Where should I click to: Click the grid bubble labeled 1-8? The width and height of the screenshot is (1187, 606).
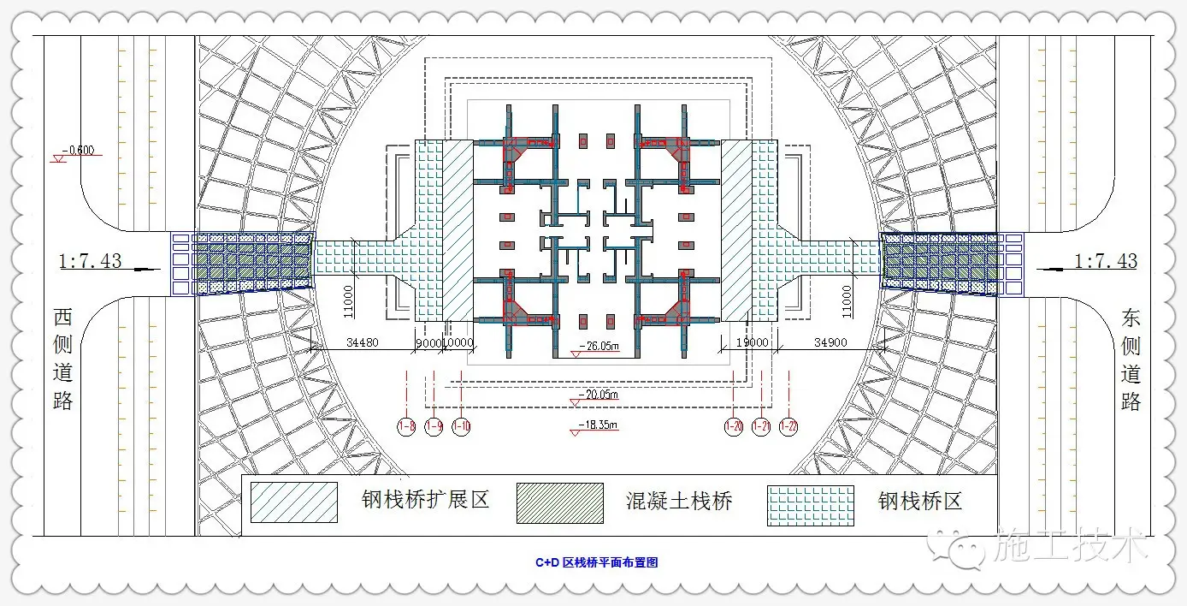coord(406,425)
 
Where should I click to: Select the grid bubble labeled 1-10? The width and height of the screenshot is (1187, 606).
coord(462,425)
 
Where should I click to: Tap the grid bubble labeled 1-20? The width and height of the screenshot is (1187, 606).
coord(734,425)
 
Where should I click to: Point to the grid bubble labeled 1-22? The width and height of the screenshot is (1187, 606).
coord(788,425)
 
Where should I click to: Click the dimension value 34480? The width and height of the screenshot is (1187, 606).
coord(363,342)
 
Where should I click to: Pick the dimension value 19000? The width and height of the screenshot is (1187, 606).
coord(752,342)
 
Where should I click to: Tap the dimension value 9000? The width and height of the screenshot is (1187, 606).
coord(428,342)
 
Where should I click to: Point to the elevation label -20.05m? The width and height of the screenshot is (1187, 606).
coord(599,394)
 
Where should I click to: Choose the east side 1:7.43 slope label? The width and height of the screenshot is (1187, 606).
coord(1106,260)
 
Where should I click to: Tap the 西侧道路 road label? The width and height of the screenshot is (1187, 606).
coord(63,359)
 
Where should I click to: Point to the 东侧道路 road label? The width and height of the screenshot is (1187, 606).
coord(1131,359)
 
